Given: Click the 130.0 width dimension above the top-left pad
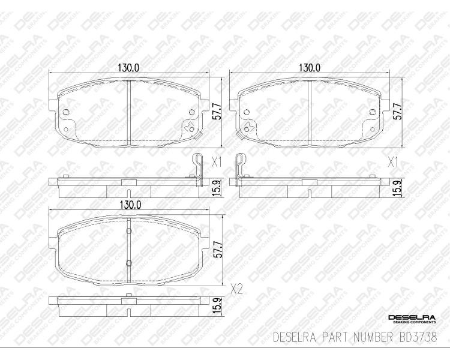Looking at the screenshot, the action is [x=128, y=68].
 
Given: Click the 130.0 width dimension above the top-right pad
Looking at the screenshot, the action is [x=310, y=68].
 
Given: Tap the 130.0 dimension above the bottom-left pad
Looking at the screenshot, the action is [x=131, y=205].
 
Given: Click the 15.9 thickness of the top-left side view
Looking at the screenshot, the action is [x=217, y=188].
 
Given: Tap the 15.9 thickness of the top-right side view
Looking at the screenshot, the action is [x=397, y=188].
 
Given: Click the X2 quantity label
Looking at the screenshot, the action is [x=237, y=290].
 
